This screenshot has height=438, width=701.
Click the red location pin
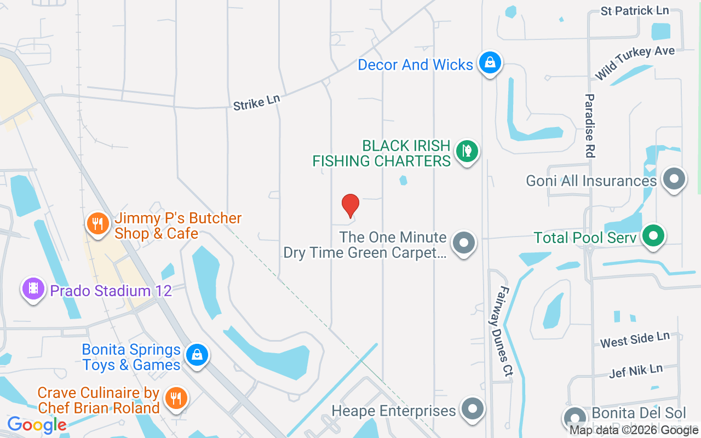click(350, 205)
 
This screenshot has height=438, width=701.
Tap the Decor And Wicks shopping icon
click(490, 62)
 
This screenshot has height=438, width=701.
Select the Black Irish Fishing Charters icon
click(467, 151)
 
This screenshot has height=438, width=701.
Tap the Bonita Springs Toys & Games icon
click(197, 355)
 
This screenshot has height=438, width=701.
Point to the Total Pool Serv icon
click(653, 236)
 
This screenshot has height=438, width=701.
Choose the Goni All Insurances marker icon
click(674, 178)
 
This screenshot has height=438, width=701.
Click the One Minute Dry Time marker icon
click(464, 241)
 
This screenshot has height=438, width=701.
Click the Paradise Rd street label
click(589, 126)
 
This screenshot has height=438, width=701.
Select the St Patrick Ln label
click(634, 10)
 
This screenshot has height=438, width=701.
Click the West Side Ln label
click(635, 339)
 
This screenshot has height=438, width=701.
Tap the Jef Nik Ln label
click(636, 371)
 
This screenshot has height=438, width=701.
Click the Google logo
click(37, 424)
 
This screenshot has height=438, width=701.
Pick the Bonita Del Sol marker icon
click(575, 418)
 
